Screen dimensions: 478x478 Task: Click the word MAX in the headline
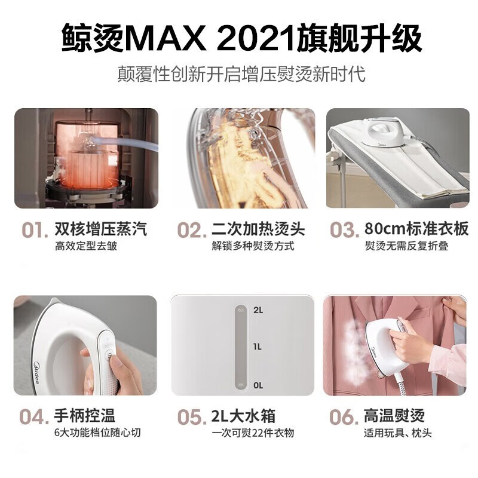[168, 39]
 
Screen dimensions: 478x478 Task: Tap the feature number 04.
[35, 418]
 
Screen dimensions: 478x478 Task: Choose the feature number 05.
[192, 418]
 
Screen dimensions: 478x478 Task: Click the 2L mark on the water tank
[258, 310]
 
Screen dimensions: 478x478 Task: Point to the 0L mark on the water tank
[258, 385]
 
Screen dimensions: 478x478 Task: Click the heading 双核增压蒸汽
[100, 229]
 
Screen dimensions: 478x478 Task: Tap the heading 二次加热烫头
[258, 229]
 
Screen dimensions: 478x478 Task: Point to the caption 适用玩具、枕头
[397, 433]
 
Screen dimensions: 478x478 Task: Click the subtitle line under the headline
[241, 75]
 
